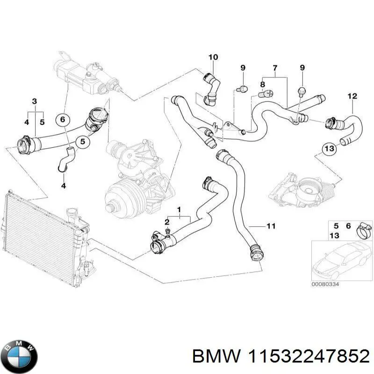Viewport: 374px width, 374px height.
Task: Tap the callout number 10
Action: (x=213, y=58)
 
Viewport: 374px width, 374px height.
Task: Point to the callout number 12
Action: (x=352, y=96)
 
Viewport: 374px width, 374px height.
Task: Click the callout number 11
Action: (x=271, y=226)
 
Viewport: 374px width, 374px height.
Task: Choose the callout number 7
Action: (x=275, y=68)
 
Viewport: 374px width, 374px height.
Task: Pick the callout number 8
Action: (x=262, y=85)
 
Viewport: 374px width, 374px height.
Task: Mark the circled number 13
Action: (x=329, y=149)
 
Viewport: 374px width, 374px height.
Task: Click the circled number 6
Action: (x=61, y=120)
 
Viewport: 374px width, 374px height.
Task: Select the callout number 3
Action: (x=34, y=101)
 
